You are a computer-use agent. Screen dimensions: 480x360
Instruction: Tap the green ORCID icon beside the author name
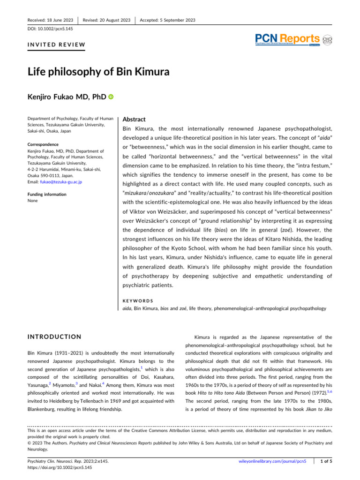click(111, 97)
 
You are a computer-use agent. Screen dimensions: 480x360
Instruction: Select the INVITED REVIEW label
click(56, 45)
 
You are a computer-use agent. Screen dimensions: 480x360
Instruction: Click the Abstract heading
click(135, 120)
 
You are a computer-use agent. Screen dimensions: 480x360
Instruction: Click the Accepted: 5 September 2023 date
click(167, 20)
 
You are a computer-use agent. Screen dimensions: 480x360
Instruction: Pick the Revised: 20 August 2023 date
click(106, 20)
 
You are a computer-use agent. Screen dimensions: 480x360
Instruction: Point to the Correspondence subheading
click(43, 145)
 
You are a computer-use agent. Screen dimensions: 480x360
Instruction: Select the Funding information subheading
click(46, 195)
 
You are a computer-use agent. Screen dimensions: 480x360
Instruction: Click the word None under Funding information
click(33, 201)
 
